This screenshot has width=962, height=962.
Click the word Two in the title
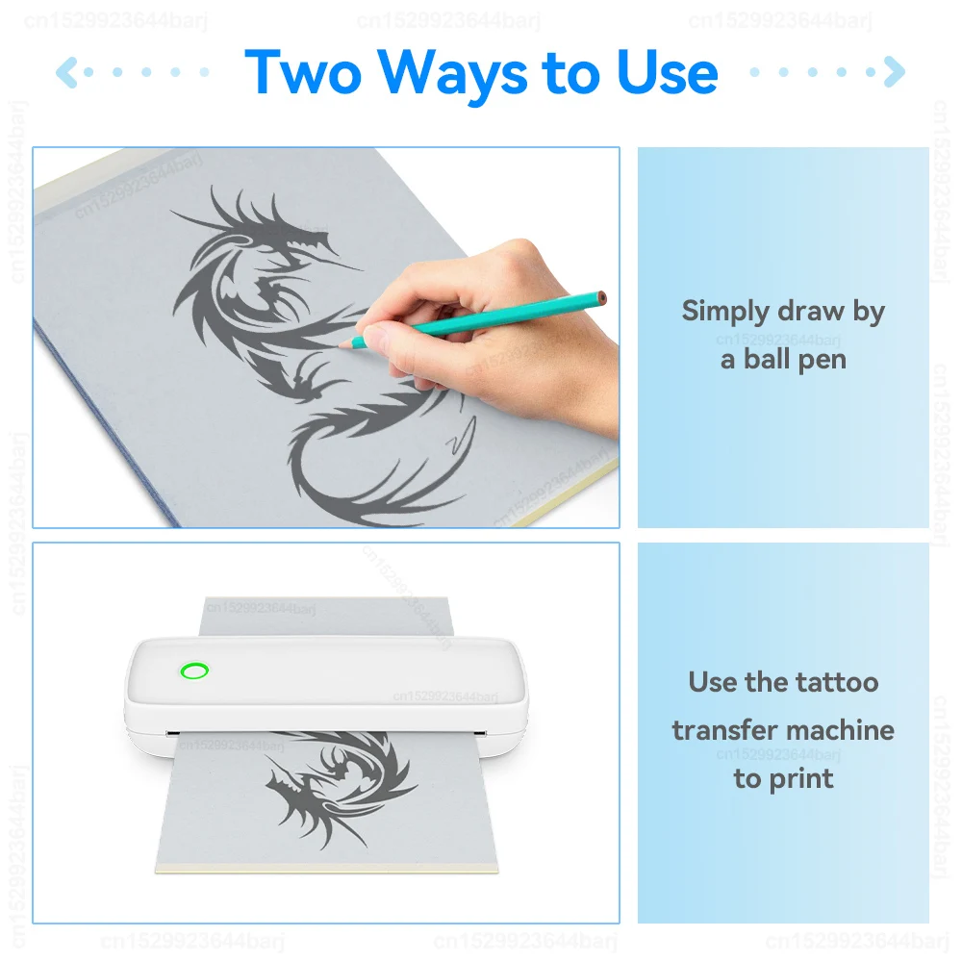coord(303,72)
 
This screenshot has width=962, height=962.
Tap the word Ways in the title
coord(452,76)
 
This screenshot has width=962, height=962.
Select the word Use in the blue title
coord(667,72)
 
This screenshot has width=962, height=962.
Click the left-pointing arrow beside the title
coord(66,72)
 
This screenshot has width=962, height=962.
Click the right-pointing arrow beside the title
coord(895,72)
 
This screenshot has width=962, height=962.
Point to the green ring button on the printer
coord(194,671)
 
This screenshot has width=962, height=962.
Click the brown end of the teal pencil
coord(602,298)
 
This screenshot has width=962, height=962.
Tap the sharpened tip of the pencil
coord(342,346)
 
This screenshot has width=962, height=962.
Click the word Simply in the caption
coord(724,312)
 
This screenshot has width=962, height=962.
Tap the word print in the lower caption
coord(801,780)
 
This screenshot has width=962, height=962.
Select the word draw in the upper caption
coord(810,311)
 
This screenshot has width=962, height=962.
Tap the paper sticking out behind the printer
coord(326,616)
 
